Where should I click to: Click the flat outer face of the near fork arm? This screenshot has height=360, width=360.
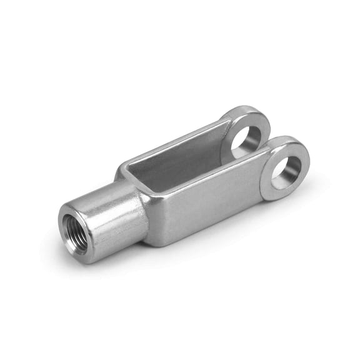tap(206, 200)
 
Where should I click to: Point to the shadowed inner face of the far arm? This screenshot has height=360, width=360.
tap(181, 150)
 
